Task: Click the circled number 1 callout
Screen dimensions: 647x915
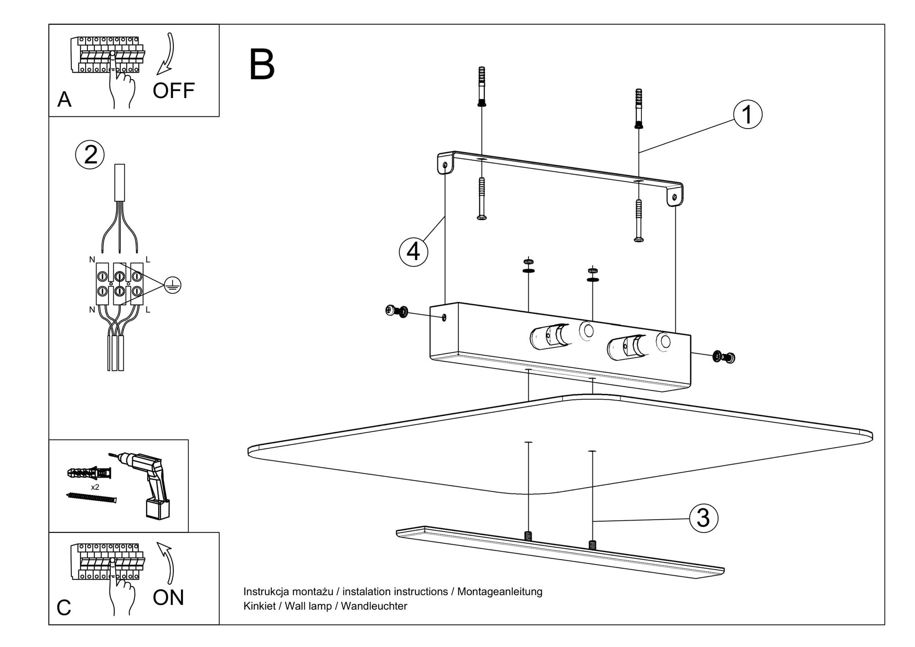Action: coord(748,114)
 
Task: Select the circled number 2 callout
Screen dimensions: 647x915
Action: coord(90,154)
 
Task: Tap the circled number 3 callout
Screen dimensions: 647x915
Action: coord(703,518)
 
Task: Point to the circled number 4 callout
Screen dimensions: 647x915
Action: coord(414,251)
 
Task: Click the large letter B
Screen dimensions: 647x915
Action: coord(262,65)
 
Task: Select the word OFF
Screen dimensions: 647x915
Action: coord(173,91)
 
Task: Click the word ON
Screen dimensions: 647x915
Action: coord(168,598)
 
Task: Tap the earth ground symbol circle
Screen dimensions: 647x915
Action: coord(172,285)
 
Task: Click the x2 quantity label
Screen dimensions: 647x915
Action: coord(95,487)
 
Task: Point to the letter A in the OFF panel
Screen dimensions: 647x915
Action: coord(64,100)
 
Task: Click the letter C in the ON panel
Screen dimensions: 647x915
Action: coord(64,608)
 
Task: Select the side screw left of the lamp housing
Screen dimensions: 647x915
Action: coord(396,311)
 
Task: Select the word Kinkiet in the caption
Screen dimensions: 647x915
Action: coord(259,606)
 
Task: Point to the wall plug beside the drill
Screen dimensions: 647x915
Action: coord(89,473)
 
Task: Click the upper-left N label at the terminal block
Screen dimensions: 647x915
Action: coord(92,260)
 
